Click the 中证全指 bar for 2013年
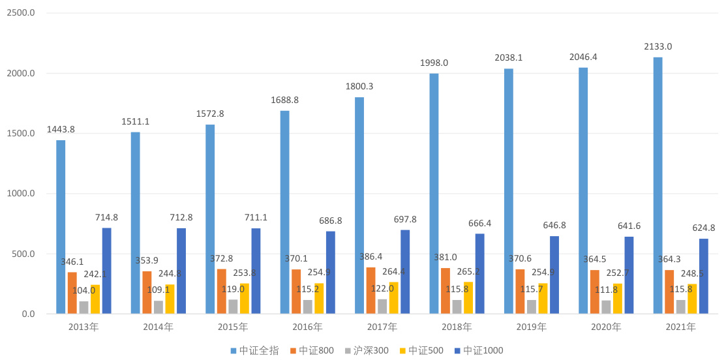61,227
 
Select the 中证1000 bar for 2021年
704,277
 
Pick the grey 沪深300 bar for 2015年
233,307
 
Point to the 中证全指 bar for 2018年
434,194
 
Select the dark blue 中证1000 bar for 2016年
331,273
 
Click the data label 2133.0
658,46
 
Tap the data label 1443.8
61,129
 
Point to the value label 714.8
106,217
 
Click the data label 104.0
83,291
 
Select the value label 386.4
371,257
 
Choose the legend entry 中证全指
255,351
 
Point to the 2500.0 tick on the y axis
21,13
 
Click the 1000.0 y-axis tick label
21,194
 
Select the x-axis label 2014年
158,327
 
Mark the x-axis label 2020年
606,327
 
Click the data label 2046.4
583,57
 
